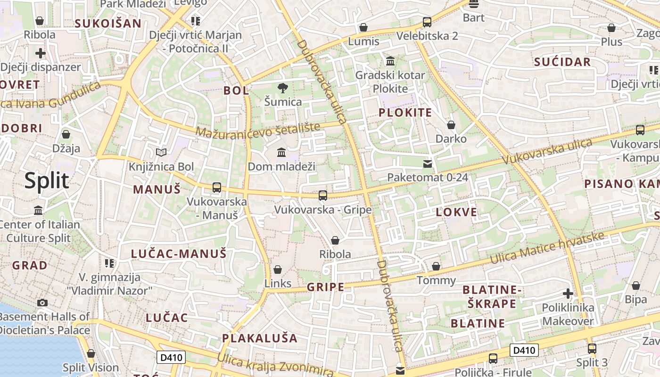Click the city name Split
click(47, 181)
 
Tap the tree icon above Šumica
click(283, 88)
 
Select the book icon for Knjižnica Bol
click(161, 152)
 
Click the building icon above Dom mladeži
click(281, 152)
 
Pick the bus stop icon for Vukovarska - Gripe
click(323, 195)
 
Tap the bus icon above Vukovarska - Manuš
click(217, 187)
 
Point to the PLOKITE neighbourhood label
click(405, 113)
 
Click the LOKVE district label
click(456, 212)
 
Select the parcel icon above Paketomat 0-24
click(428, 164)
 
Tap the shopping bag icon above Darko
click(451, 125)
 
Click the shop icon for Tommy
click(436, 266)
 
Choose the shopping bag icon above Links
click(278, 270)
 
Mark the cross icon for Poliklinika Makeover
click(568, 294)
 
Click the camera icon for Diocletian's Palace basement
click(42, 303)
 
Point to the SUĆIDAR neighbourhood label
click(562, 62)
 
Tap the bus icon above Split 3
click(592, 349)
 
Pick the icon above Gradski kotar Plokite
click(390, 61)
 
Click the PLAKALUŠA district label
click(260, 338)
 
